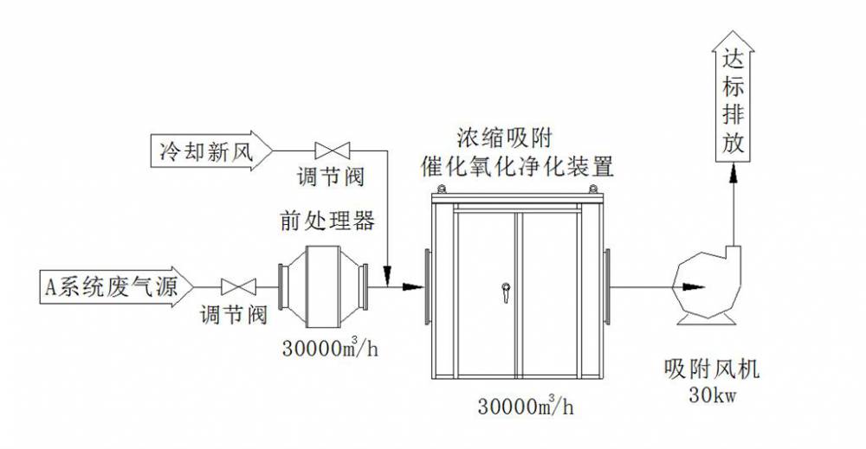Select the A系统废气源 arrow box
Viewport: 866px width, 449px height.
(x=117, y=287)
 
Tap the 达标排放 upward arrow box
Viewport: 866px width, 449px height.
(x=734, y=97)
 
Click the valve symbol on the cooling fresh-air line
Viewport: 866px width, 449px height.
(x=332, y=150)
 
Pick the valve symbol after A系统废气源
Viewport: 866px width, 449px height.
(x=239, y=287)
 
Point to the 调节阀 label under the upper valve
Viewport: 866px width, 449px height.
(x=331, y=177)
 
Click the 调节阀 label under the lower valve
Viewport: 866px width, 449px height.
(x=234, y=315)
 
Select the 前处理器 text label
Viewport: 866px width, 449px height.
(x=327, y=221)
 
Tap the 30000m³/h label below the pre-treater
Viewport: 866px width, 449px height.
(x=330, y=347)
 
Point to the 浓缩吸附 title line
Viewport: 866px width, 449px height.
(x=505, y=138)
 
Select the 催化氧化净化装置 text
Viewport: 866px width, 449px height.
(x=517, y=165)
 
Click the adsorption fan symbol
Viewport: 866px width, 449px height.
(x=707, y=287)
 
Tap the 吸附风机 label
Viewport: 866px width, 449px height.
(x=712, y=369)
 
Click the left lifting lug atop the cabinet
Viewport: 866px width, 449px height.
(x=442, y=189)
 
